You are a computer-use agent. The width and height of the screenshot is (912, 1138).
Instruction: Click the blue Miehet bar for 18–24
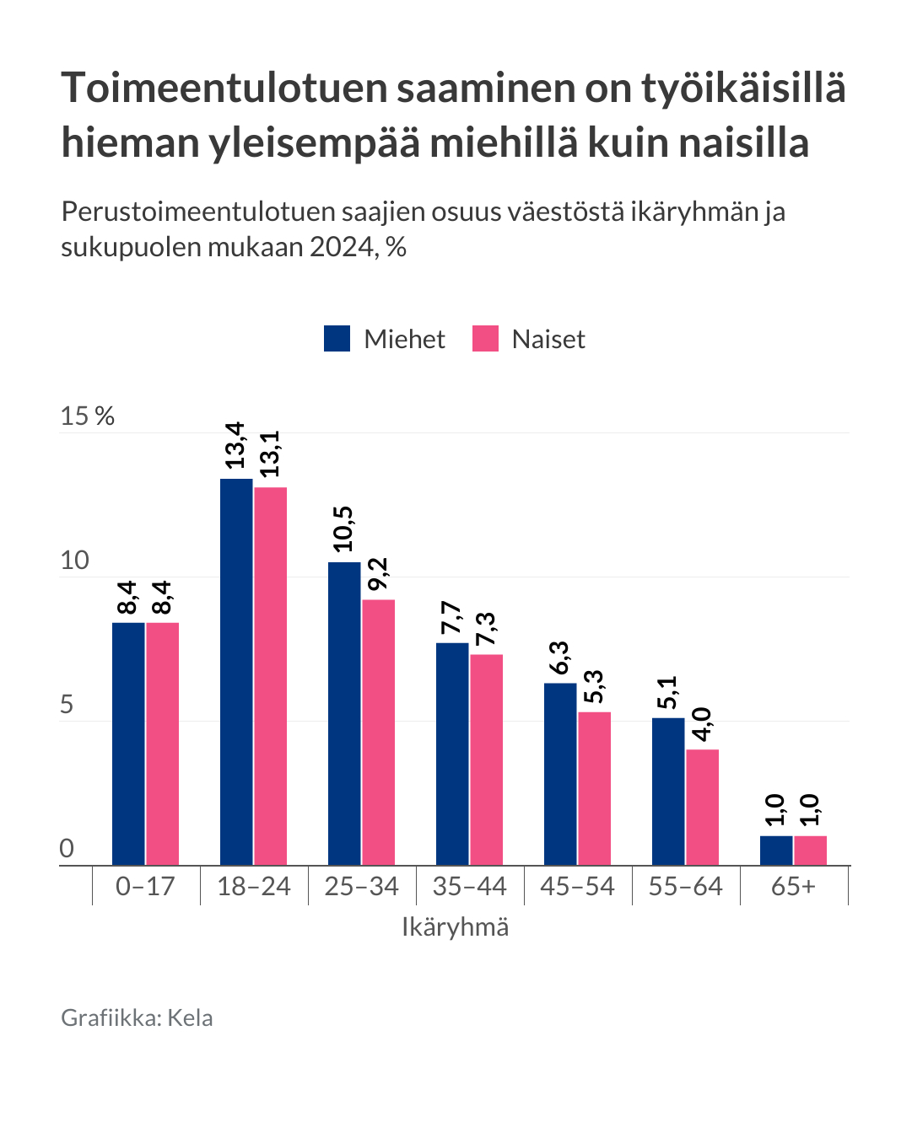(236, 671)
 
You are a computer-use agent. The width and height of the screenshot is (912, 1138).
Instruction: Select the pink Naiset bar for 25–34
(379, 732)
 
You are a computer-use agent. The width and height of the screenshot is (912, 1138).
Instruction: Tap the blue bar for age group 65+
(776, 850)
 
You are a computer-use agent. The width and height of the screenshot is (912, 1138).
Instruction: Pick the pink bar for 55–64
(702, 807)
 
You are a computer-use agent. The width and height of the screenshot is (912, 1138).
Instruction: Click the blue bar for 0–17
(128, 743)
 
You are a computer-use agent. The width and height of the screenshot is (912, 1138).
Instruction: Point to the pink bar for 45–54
(594, 788)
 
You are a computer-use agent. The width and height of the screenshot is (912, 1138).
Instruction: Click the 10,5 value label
(343, 529)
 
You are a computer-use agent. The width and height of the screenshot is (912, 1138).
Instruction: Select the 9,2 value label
(377, 574)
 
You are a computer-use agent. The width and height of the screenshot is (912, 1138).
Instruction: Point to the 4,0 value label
(701, 725)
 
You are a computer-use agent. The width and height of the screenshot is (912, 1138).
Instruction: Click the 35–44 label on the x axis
(469, 886)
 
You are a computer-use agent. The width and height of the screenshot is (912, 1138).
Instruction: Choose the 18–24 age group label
(253, 886)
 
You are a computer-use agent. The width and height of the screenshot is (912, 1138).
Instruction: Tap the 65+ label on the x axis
(793, 886)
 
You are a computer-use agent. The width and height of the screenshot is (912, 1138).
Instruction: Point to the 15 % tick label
(87, 416)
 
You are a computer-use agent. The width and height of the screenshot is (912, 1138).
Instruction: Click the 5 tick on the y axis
(67, 705)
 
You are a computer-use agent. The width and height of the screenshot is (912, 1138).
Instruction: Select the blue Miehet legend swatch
(337, 339)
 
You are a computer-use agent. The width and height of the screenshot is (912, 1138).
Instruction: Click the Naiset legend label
(548, 339)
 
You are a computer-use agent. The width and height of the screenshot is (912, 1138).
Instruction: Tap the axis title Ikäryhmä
(455, 927)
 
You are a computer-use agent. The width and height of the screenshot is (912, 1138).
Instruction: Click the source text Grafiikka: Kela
(137, 1017)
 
